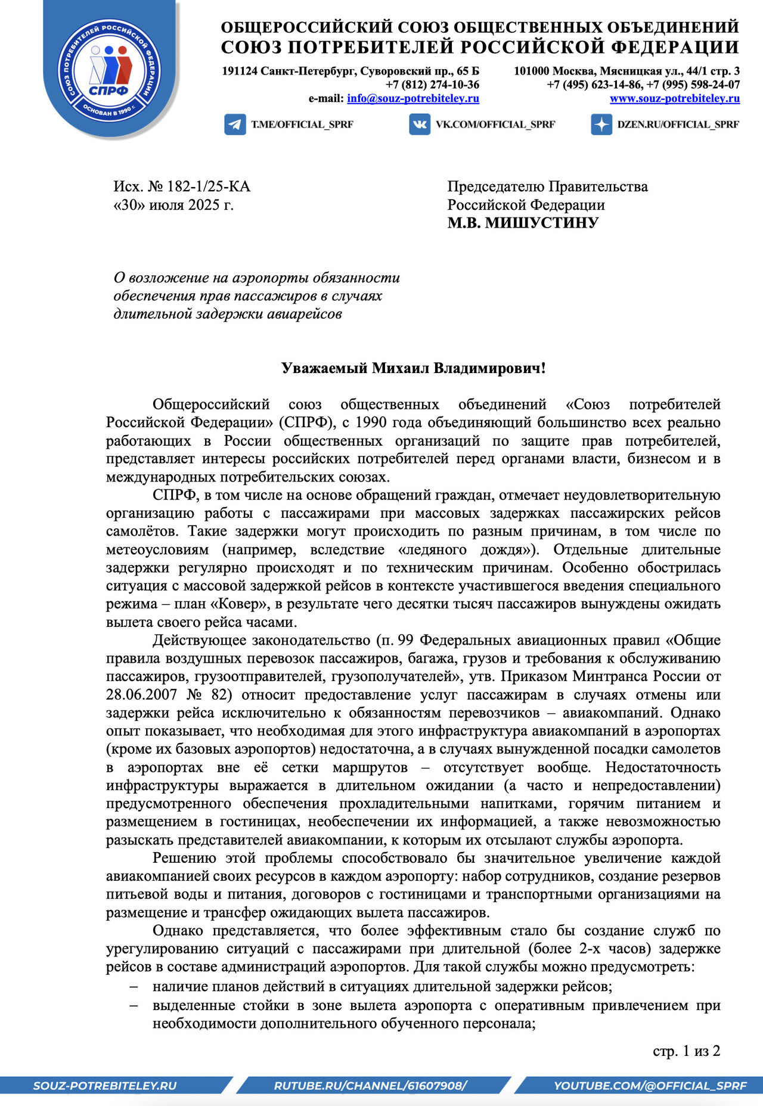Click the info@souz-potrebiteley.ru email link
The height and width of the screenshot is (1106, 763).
pyautogui.click(x=412, y=98)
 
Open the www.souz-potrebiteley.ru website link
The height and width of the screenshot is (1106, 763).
pyautogui.click(x=674, y=98)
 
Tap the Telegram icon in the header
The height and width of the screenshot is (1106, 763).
pyautogui.click(x=235, y=125)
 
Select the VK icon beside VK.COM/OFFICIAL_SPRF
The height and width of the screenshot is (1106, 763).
pyautogui.click(x=420, y=125)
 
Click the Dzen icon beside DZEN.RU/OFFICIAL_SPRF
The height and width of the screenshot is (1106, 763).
pyautogui.click(x=601, y=125)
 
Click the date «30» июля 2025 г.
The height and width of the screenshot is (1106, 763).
pyautogui.click(x=173, y=205)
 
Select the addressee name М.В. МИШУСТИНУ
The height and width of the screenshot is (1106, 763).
pyautogui.click(x=523, y=223)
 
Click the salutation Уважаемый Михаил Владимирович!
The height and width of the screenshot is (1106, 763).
pyautogui.click(x=413, y=368)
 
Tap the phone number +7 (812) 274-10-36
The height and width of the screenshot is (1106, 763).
pyautogui.click(x=432, y=85)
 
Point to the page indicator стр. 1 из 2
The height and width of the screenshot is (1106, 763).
pyautogui.click(x=686, y=1051)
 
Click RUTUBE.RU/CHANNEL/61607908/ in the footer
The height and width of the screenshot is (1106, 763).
pyautogui.click(x=370, y=1086)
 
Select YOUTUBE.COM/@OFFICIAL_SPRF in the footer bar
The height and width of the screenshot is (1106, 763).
pyautogui.click(x=650, y=1086)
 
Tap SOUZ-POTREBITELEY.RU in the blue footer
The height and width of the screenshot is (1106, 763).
pyautogui.click(x=105, y=1086)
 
